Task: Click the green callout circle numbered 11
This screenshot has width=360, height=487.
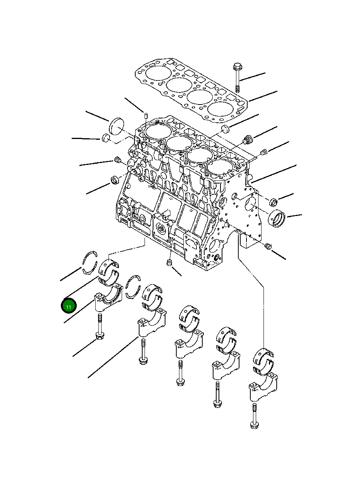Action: [x=69, y=306]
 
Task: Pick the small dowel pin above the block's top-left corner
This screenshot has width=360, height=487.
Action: [x=145, y=115]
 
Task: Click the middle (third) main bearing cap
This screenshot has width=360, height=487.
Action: [x=188, y=344]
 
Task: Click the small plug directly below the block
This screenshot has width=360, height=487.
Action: [x=169, y=263]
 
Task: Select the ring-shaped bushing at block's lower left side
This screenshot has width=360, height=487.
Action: [x=115, y=179]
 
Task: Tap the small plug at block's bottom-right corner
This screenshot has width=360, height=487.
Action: [x=267, y=246]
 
